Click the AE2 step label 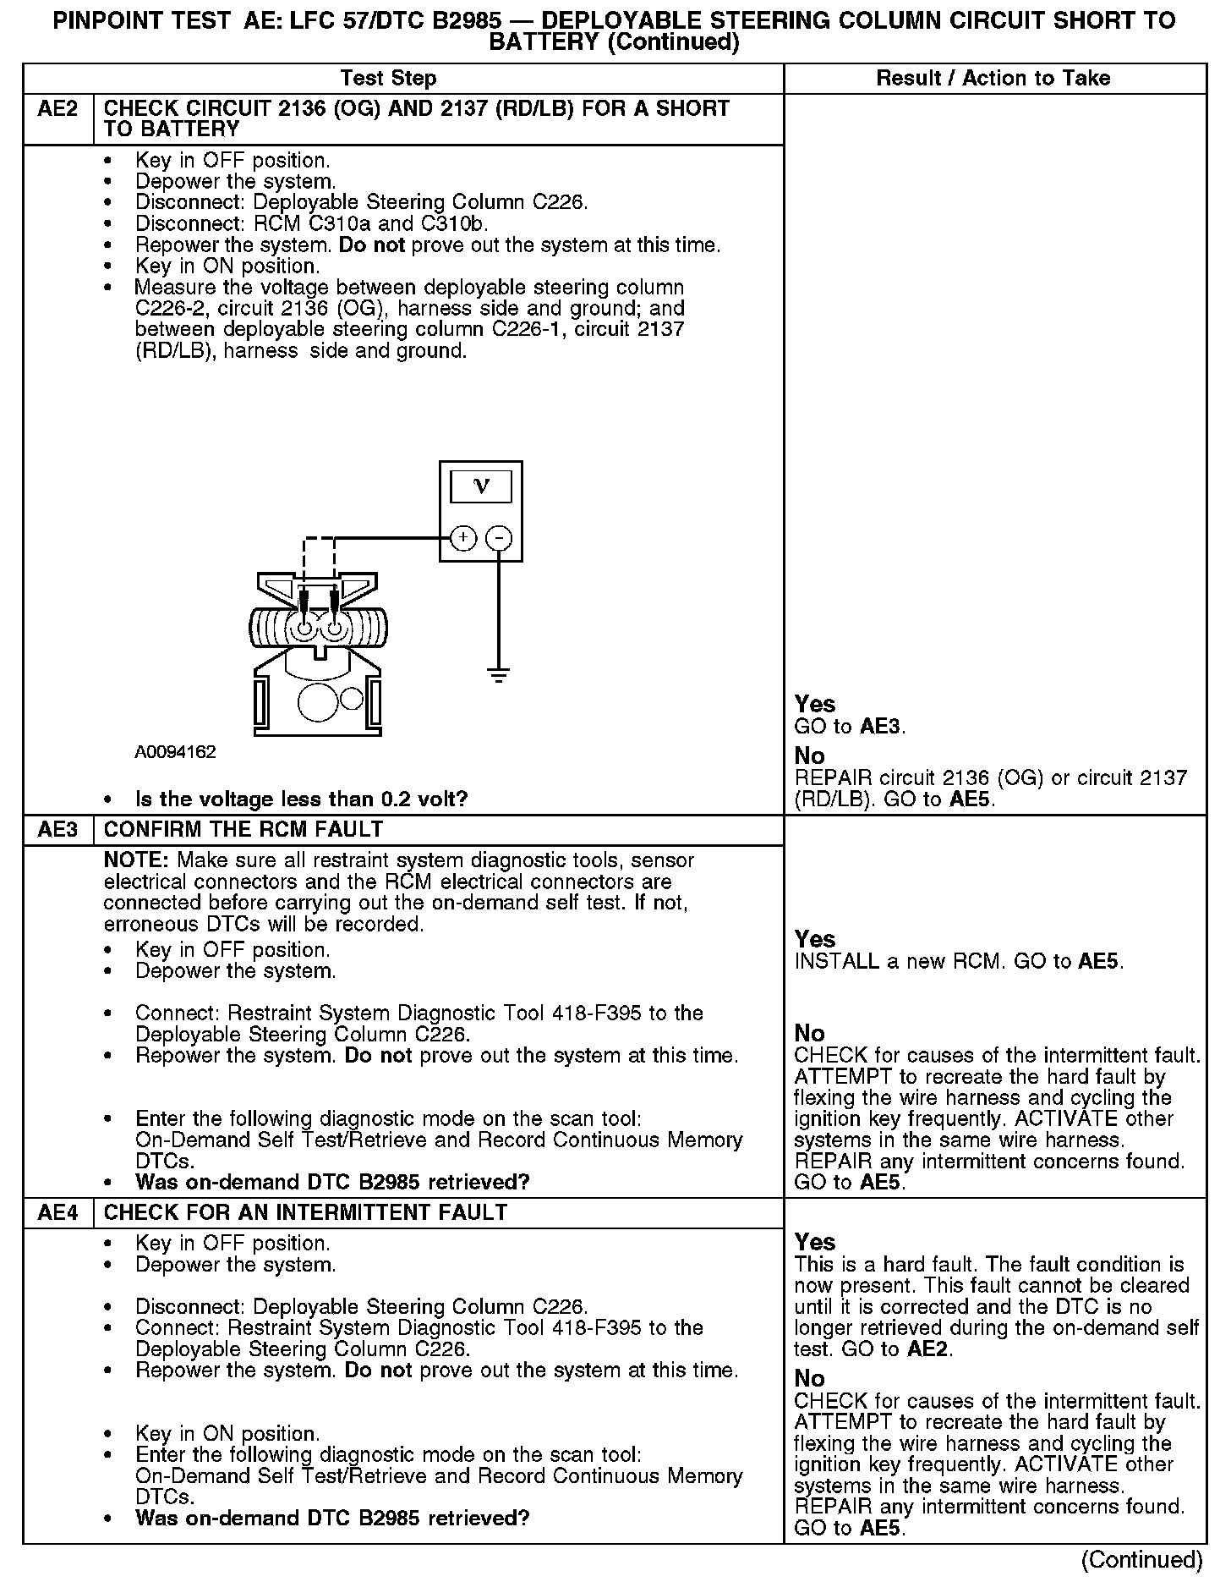pos(57,109)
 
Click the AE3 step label pos(57,830)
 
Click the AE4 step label pos(57,1213)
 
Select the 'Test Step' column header pos(388,79)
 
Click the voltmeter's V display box pos(481,486)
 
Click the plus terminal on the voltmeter pos(463,538)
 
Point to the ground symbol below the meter pos(500,675)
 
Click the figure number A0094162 pos(175,752)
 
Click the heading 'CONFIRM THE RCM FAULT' pos(243,830)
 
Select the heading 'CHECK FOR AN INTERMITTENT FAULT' pos(305,1213)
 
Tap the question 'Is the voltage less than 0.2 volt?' pos(301,799)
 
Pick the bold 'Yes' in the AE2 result pos(815,704)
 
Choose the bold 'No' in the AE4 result pos(809,1379)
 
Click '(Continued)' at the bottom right pos(1141,1559)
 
